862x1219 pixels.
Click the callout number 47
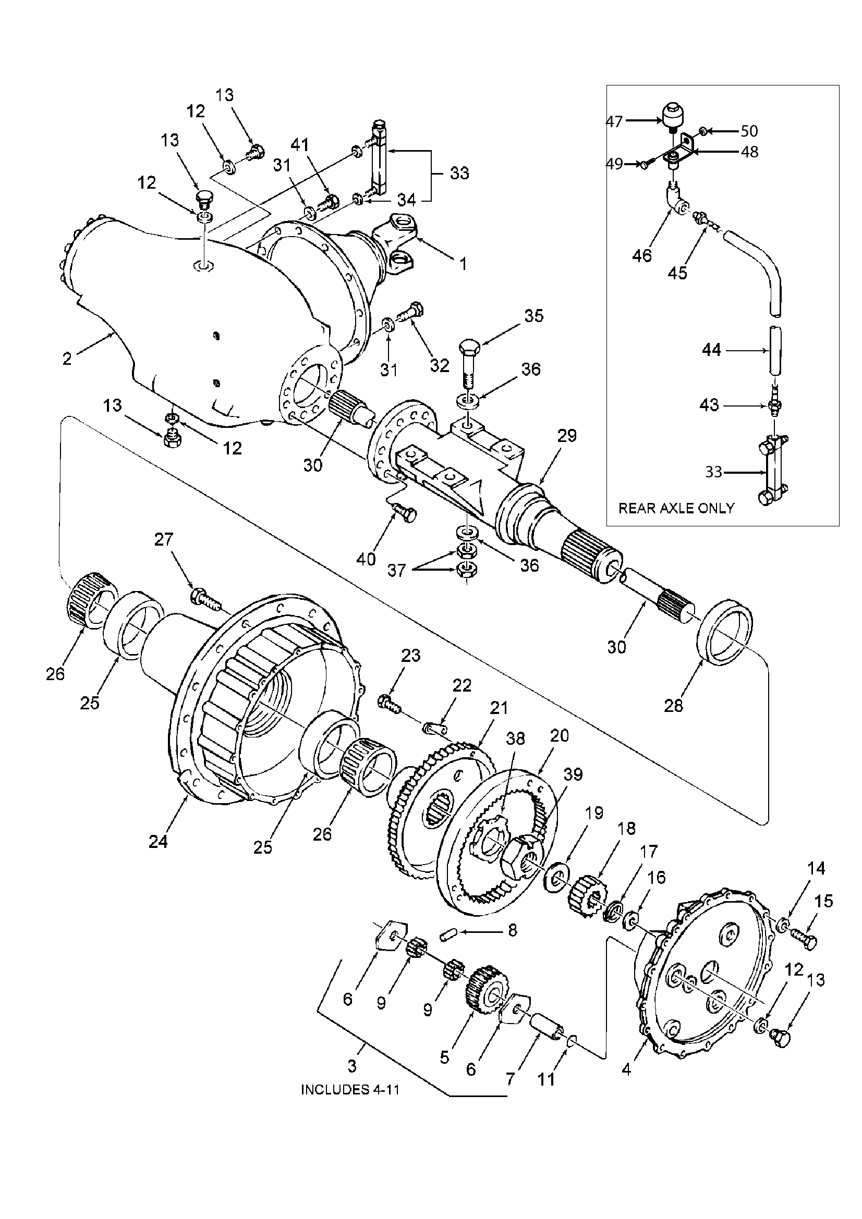coord(614,121)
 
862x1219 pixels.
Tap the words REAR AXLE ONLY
coord(676,509)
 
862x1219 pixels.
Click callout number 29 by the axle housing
coord(567,436)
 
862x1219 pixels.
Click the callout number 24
coord(159,841)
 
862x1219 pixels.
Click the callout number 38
coord(515,738)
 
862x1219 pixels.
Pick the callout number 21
coord(499,708)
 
